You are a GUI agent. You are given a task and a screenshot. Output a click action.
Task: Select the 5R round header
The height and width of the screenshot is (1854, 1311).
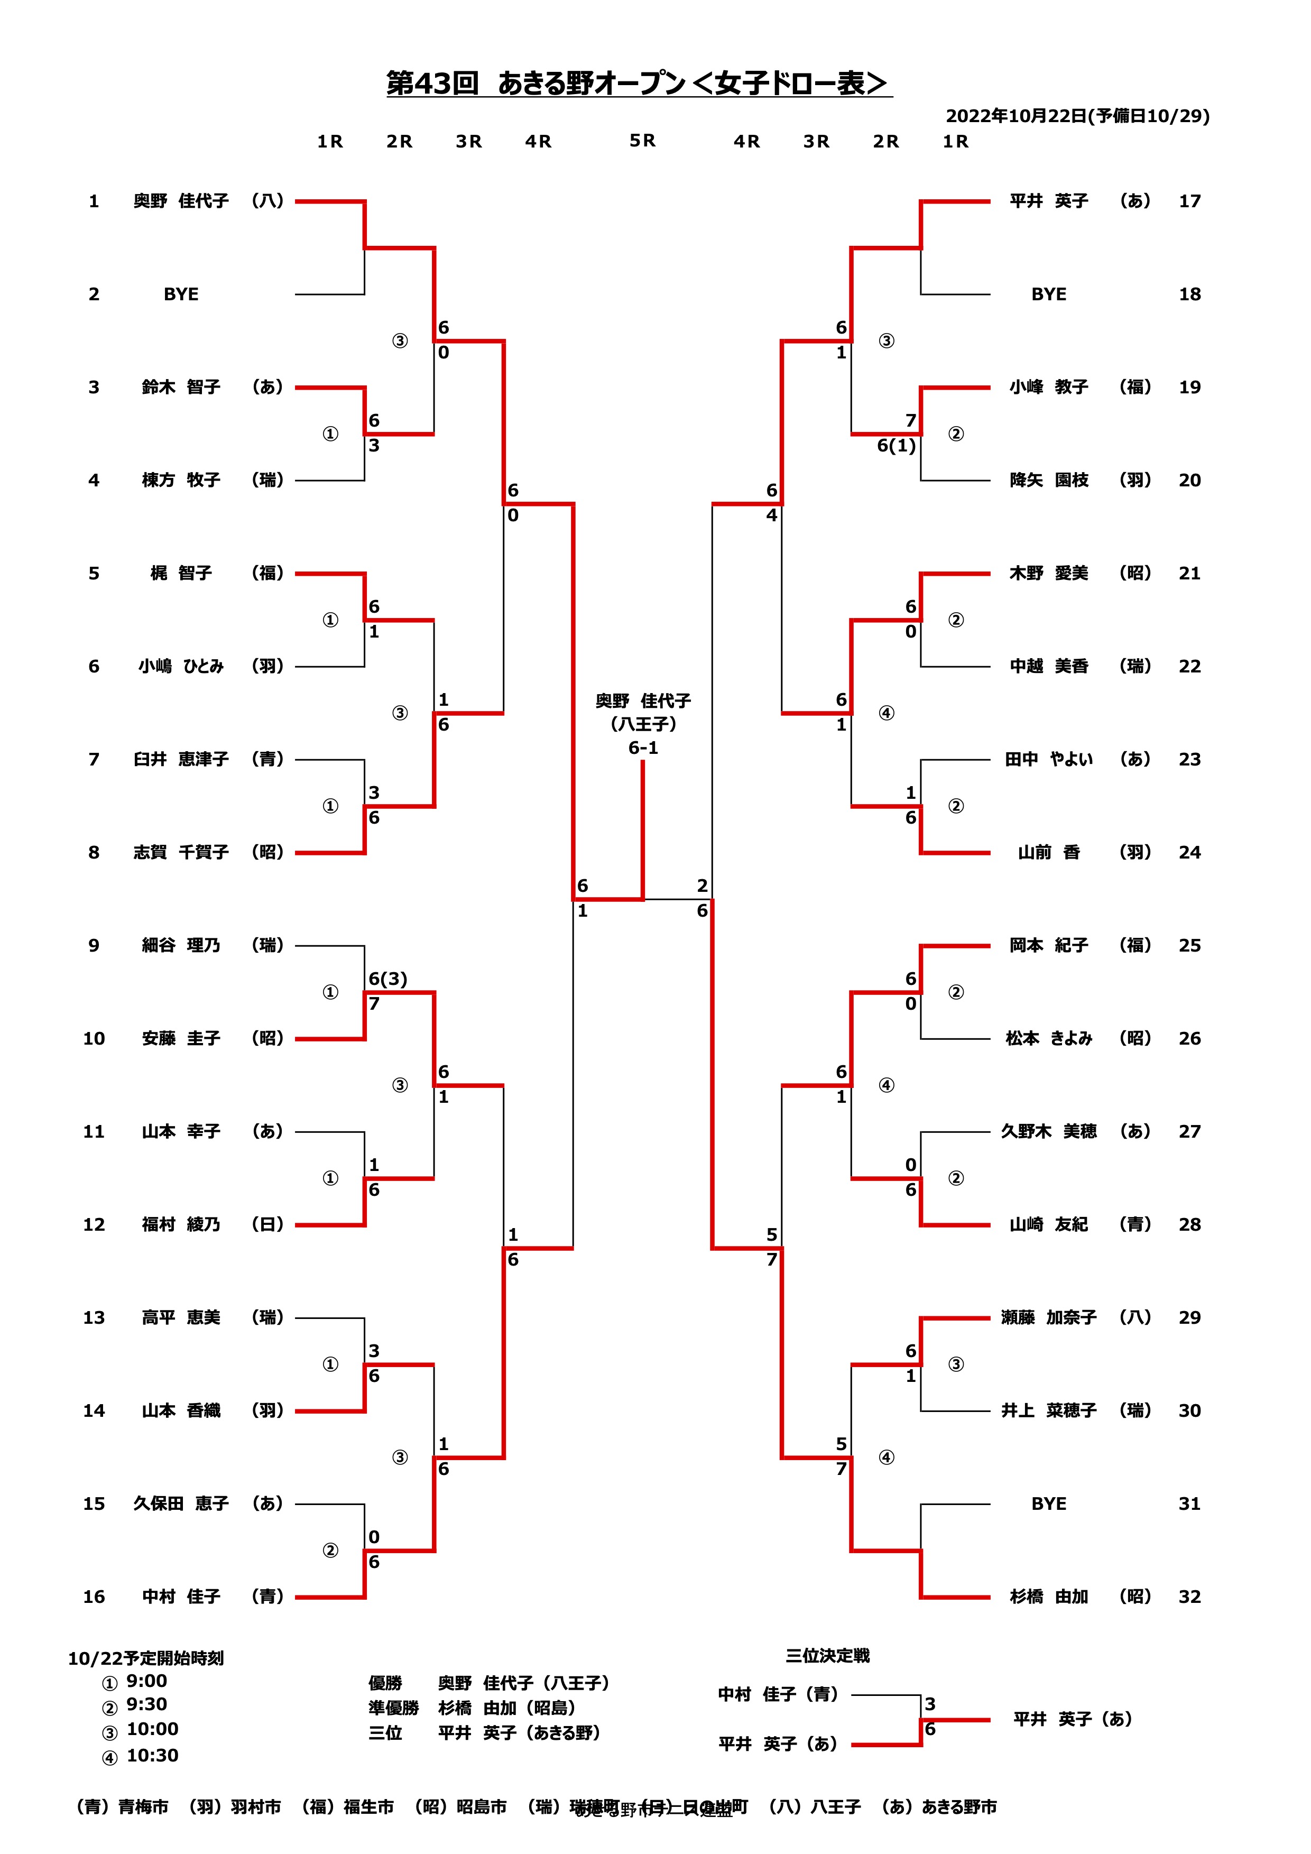(643, 141)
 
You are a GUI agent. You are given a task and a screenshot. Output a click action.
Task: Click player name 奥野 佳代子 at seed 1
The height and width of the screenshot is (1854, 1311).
(181, 201)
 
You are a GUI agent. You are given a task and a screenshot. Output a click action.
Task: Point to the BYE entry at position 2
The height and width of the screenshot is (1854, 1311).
(181, 294)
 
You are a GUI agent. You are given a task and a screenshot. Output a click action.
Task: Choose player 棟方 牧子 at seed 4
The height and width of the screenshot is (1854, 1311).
(181, 481)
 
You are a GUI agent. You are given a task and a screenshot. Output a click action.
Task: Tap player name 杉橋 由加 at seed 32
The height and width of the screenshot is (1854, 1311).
(1049, 1597)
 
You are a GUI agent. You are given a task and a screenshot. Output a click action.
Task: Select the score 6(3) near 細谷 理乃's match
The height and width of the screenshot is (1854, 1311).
(387, 979)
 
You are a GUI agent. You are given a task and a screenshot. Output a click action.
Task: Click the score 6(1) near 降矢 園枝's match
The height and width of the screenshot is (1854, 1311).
(896, 446)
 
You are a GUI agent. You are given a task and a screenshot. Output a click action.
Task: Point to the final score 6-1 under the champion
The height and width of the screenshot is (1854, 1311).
(643, 748)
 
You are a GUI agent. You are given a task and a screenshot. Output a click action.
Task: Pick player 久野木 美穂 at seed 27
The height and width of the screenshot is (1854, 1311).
(1049, 1131)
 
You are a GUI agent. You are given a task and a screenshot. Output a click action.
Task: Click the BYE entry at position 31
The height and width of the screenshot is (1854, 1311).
(1049, 1504)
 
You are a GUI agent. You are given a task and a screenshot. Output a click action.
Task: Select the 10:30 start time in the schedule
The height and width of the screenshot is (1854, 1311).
(153, 1756)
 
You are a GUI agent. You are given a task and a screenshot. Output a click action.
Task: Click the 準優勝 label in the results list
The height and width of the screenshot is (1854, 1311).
(393, 1708)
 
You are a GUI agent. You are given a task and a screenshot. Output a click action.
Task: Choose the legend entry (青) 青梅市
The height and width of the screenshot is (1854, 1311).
(123, 1807)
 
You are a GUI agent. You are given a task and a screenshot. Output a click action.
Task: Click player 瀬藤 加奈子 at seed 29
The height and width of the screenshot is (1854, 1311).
(1049, 1318)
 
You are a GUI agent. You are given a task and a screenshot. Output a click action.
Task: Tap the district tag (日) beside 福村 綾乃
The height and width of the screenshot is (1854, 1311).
(267, 1224)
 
